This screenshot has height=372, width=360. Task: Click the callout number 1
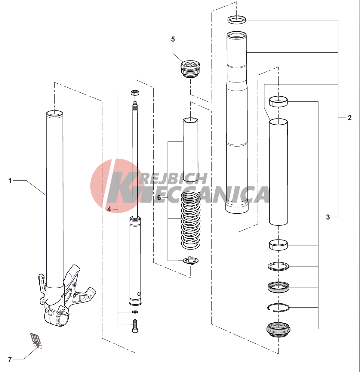point(10,181)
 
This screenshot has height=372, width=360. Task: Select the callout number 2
point(349,118)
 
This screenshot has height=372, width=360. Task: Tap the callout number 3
point(328,217)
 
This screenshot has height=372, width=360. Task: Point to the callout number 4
point(109,209)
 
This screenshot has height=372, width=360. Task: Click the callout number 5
point(173,39)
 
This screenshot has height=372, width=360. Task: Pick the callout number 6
point(159,197)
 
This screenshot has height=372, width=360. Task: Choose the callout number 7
point(10,360)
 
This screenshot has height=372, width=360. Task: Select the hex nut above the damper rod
point(135,93)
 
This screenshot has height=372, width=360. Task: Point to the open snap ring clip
point(278,308)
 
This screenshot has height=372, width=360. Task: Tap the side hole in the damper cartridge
point(139,293)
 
